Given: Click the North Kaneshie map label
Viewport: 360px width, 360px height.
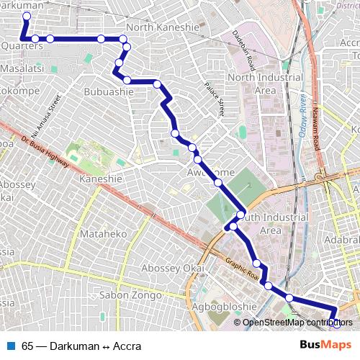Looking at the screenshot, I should coord(162,27).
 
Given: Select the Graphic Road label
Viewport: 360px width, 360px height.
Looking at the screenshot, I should coord(241,270).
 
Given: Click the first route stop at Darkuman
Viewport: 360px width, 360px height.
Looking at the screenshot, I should coord(27,16).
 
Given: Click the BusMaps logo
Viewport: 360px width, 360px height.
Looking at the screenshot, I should coord(325,346).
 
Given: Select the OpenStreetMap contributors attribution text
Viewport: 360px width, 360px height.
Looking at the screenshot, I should coord(297,322).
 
